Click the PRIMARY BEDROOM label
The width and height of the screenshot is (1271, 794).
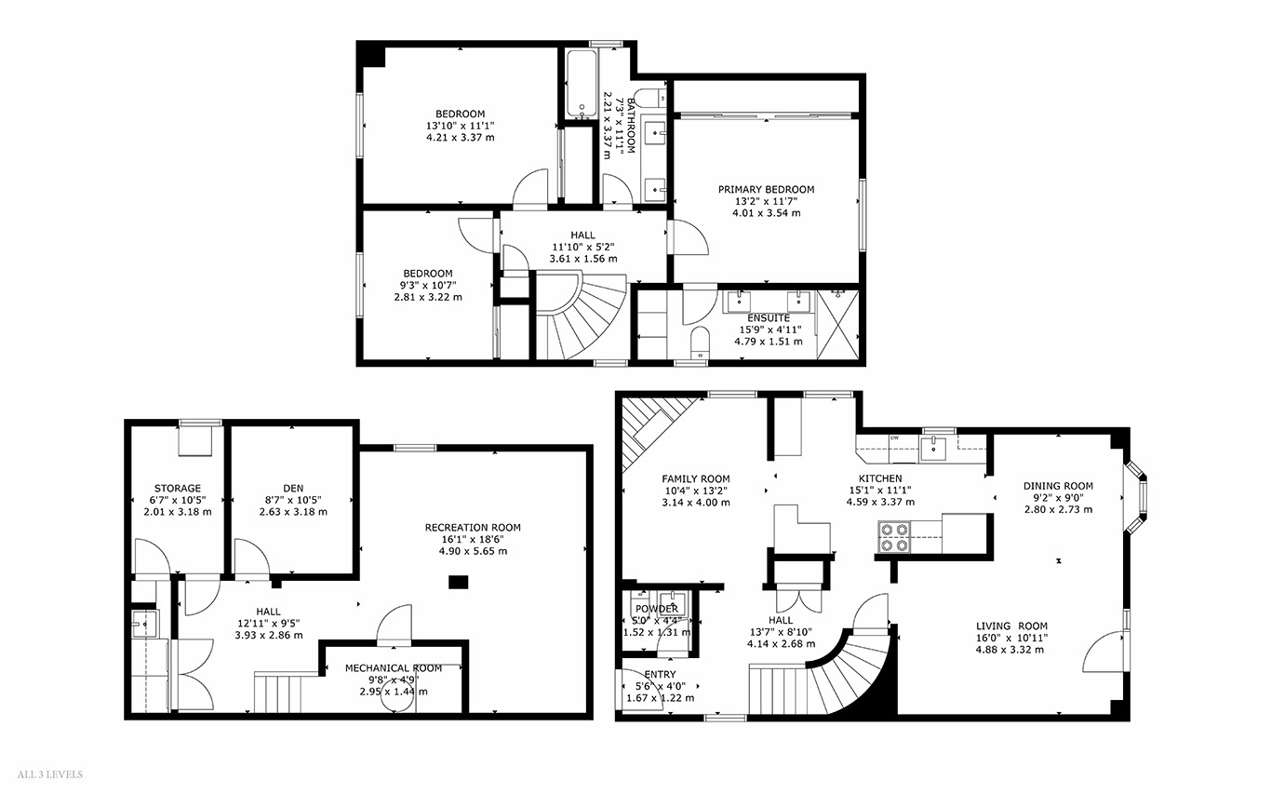(x=766, y=190)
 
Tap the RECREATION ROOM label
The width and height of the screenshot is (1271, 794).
(x=473, y=528)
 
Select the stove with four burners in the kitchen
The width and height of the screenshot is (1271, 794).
(x=893, y=537)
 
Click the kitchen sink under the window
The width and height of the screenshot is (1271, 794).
(x=933, y=448)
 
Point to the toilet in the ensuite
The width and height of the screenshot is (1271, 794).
(x=701, y=343)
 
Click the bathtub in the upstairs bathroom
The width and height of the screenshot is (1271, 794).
(x=582, y=84)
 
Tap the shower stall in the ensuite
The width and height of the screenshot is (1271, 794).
(x=837, y=325)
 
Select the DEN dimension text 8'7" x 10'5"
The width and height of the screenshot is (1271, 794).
(x=293, y=500)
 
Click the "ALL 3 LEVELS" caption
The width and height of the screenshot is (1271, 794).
(x=50, y=774)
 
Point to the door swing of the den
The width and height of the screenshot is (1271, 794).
(x=252, y=557)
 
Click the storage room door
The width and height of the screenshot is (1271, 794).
(x=152, y=557)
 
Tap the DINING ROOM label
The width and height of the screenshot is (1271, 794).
(x=1058, y=486)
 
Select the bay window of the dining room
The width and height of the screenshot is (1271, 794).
(x=1136, y=497)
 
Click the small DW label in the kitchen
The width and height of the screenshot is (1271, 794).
(x=895, y=438)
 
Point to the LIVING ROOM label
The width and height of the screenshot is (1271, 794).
(x=1011, y=626)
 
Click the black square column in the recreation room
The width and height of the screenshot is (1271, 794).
(x=459, y=582)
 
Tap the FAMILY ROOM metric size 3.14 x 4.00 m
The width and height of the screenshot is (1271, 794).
(x=696, y=503)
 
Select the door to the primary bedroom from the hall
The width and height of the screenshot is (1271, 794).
(x=689, y=237)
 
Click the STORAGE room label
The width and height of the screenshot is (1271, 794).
(x=178, y=488)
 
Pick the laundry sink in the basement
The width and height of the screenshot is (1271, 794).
(x=144, y=623)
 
